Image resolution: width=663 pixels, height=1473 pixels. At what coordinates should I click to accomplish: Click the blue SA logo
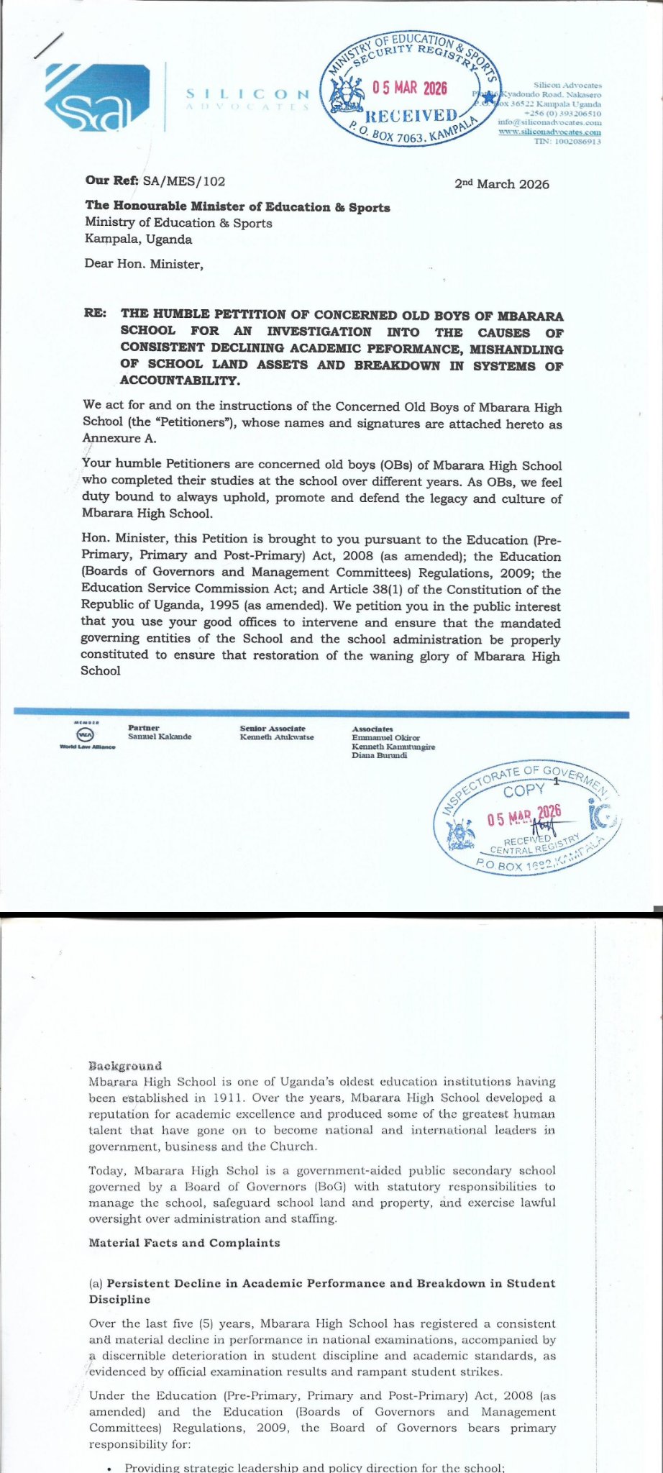[x=96, y=98]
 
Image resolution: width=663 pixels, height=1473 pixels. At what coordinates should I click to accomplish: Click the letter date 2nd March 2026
[x=501, y=184]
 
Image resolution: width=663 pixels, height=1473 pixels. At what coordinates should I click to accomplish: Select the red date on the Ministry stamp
[x=409, y=88]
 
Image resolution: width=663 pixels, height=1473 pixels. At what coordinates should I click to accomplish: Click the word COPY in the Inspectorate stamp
[x=524, y=790]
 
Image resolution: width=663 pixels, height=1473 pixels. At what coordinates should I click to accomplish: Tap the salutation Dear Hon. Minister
[x=144, y=264]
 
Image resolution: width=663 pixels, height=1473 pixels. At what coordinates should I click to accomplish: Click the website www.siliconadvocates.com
[x=550, y=132]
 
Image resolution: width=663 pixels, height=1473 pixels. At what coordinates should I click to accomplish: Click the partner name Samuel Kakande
[x=160, y=736]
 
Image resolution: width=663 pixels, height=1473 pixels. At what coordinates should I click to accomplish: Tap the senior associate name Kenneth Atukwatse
[x=277, y=737]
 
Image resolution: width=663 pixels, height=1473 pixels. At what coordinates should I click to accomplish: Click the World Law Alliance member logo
[x=86, y=735]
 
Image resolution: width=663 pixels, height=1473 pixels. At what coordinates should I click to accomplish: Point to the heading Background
[x=125, y=1065]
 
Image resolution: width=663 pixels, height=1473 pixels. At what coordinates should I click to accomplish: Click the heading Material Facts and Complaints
[x=184, y=1243]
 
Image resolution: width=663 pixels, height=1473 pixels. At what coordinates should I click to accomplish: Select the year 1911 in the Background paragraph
[x=211, y=1098]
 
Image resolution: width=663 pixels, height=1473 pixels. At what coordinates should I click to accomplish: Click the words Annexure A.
[x=119, y=439]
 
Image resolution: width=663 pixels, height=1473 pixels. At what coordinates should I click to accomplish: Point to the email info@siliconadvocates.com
[x=549, y=123]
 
